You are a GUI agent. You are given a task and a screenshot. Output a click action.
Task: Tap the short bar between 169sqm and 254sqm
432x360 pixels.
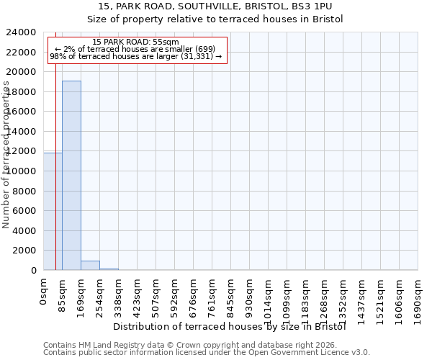(90, 265)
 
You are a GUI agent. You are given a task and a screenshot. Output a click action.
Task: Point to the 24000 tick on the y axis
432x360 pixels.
(21, 32)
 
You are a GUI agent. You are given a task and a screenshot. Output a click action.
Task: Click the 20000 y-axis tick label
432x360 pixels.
(21, 72)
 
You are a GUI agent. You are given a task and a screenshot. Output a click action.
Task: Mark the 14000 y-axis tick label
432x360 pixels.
(21, 132)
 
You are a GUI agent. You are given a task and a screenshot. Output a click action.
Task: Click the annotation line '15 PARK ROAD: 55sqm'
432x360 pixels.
(136, 42)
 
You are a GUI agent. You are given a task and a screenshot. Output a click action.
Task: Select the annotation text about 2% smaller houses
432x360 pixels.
(136, 49)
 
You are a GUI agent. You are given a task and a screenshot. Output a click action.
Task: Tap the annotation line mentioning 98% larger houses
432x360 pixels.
(136, 56)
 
